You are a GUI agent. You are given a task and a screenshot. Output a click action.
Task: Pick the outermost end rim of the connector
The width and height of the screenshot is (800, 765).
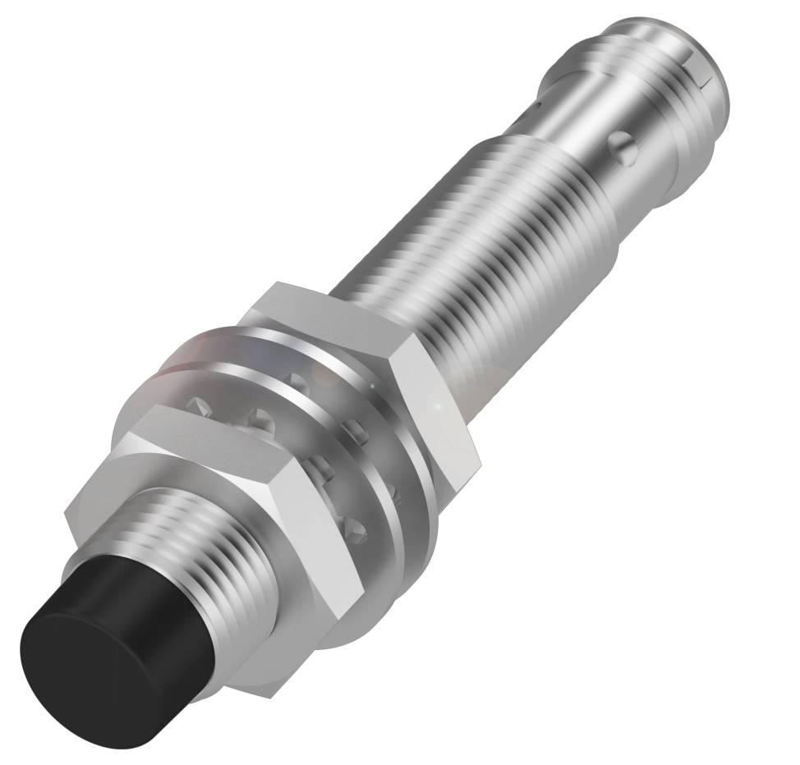tap(723, 98)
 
